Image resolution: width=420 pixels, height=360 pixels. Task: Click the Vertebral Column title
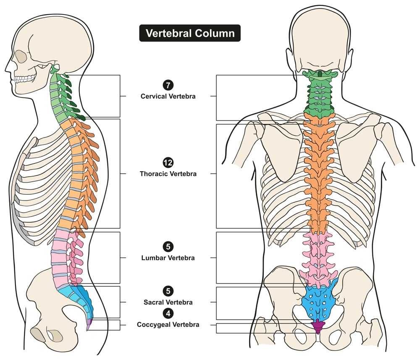(x=190, y=33)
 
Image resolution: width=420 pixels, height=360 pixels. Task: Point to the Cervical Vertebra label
(x=168, y=96)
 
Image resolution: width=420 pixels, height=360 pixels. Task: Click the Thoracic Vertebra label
(x=168, y=173)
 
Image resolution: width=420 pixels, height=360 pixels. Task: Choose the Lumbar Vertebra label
(x=168, y=258)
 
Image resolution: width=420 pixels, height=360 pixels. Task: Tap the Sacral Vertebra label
(x=168, y=302)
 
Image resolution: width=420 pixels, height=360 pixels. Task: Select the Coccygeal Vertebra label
(x=168, y=324)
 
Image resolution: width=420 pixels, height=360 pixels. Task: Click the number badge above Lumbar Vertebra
(x=168, y=247)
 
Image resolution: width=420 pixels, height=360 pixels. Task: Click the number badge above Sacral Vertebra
(x=168, y=291)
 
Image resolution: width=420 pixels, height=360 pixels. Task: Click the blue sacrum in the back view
(x=318, y=300)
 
